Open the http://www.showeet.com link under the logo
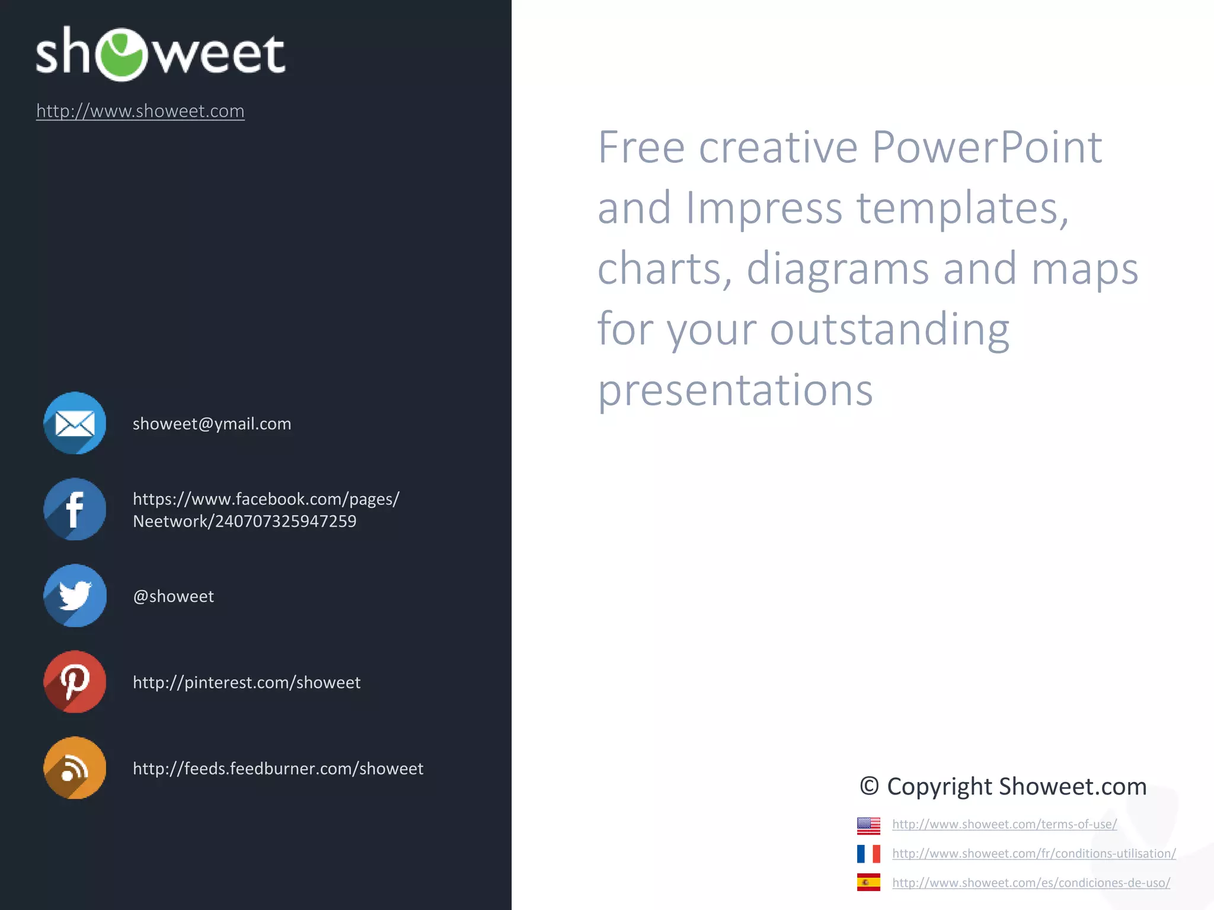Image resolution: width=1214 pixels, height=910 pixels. pyautogui.click(x=140, y=111)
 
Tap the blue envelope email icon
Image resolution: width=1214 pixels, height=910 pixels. pyautogui.click(x=75, y=423)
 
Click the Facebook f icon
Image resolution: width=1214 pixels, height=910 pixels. pyautogui.click(x=75, y=509)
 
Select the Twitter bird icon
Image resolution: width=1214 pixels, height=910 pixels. pyautogui.click(x=75, y=595)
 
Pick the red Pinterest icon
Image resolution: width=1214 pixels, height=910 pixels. pyautogui.click(x=75, y=682)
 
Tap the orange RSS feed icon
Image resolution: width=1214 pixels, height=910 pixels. pyautogui.click(x=75, y=768)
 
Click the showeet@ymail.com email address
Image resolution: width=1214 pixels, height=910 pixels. pyautogui.click(x=212, y=424)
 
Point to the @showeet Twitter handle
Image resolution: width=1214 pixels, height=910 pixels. pyautogui.click(x=173, y=596)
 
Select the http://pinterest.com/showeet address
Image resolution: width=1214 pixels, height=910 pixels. pyautogui.click(x=246, y=682)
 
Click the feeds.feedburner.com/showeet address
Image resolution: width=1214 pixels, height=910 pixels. pyautogui.click(x=277, y=768)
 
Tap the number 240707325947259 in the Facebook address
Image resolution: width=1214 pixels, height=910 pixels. pyautogui.click(x=285, y=521)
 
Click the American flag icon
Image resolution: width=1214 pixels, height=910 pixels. pyautogui.click(x=868, y=825)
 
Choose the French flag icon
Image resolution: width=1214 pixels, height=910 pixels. pyautogui.click(x=868, y=854)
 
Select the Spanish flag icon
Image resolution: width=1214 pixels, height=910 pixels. pyautogui.click(x=868, y=883)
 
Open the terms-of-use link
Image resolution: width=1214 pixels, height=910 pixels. pyautogui.click(x=1004, y=824)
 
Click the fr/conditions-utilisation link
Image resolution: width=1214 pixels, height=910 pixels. pyautogui.click(x=1034, y=854)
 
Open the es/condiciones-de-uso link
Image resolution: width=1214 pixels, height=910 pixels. pyautogui.click(x=1031, y=883)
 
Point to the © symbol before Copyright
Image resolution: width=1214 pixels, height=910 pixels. pyautogui.click(x=869, y=786)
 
